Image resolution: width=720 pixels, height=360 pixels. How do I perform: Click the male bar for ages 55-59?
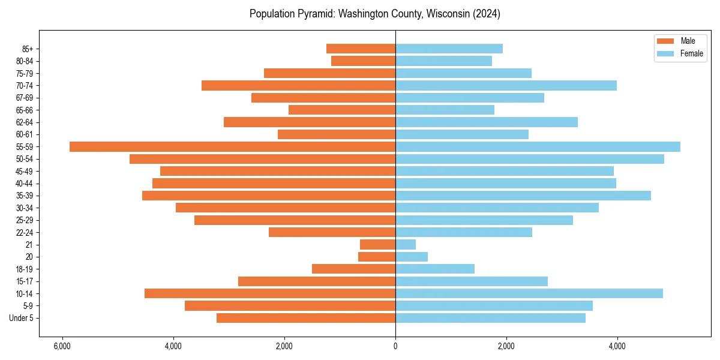tap(232, 147)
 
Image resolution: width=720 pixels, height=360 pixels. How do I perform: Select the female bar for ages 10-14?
tap(529, 293)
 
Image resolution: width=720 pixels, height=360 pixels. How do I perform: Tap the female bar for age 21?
tap(406, 245)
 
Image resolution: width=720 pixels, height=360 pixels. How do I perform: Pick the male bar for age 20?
tap(377, 257)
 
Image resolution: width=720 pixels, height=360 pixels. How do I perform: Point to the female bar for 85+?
tap(449, 49)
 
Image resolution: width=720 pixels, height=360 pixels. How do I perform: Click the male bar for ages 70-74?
tap(298, 85)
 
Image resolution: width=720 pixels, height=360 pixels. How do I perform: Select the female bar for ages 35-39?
tap(523, 196)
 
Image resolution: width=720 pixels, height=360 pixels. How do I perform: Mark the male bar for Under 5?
tap(306, 318)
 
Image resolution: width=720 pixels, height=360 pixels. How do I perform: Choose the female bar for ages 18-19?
tap(435, 269)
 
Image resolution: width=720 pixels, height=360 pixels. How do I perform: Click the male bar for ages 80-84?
tap(363, 61)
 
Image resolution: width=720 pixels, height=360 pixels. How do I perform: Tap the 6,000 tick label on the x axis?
tap(62, 346)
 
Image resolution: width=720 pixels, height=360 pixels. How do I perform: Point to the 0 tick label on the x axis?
tap(395, 346)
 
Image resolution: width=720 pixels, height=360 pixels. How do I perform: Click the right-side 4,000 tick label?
tap(617, 346)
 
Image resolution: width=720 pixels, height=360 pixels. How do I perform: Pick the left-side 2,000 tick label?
tap(284, 346)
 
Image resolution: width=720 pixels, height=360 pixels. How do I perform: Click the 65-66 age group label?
tap(24, 110)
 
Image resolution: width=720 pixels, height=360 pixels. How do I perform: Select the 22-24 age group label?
tap(24, 233)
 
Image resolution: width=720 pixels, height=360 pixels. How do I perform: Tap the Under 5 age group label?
tap(22, 318)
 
